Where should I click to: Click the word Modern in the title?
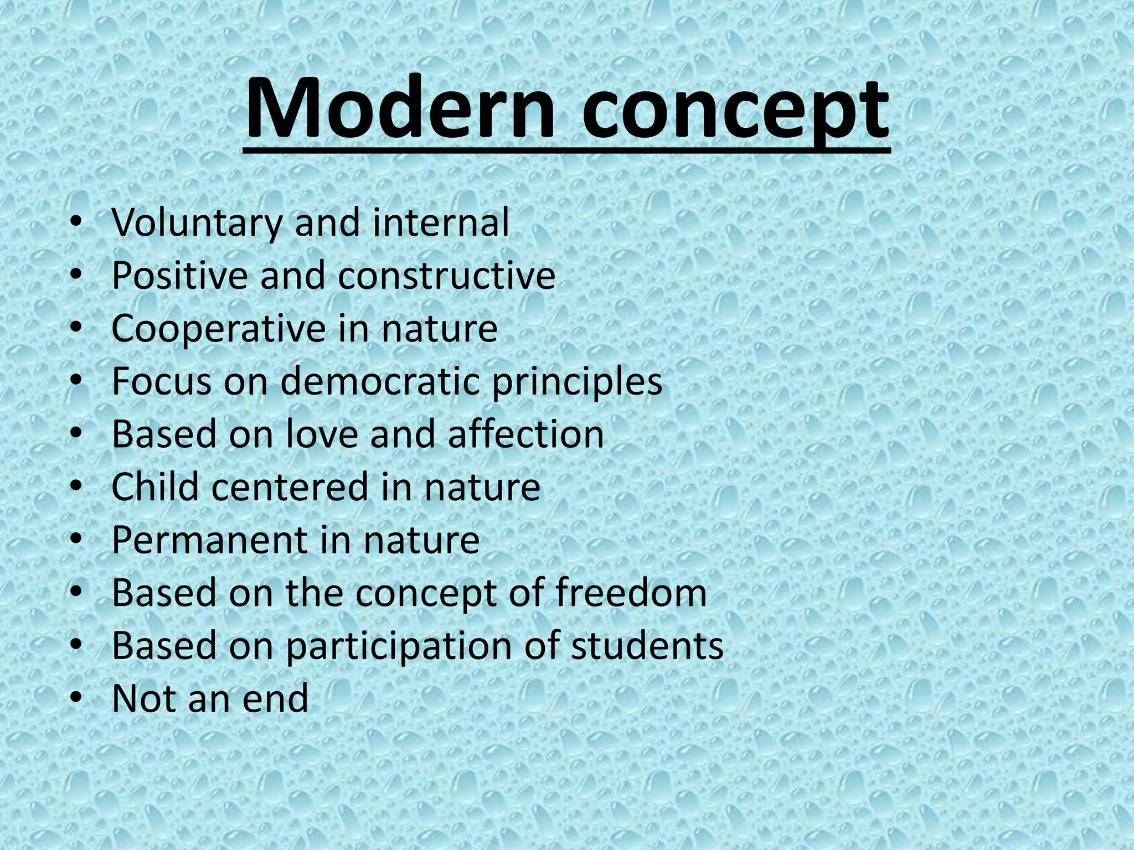pos(400,108)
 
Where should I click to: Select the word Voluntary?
pos(197,223)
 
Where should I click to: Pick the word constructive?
pos(446,275)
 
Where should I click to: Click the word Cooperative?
pos(219,329)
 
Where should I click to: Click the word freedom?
pos(631,593)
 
